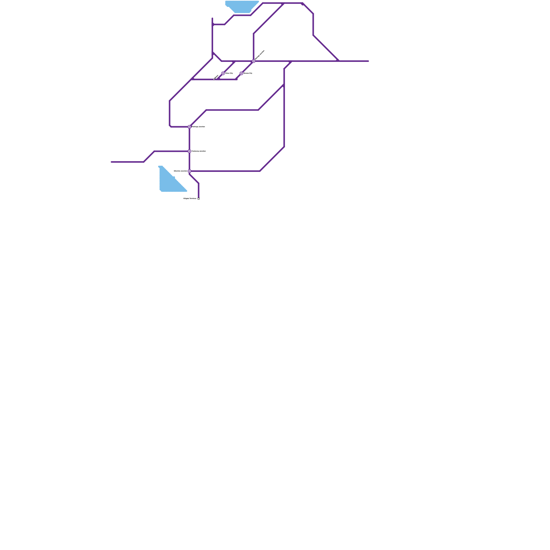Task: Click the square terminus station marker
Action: coord(199,199)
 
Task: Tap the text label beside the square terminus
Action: coord(190,198)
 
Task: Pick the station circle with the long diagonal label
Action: coord(254,61)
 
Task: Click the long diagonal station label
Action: coord(260,55)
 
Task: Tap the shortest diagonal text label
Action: coord(216,76)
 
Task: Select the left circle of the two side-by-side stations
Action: coord(223,73)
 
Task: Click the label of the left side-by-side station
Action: coord(229,73)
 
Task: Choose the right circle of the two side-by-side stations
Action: coord(241,73)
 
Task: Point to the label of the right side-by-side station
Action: coord(248,73)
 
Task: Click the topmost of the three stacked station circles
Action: coord(189,127)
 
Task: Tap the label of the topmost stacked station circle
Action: coord(198,126)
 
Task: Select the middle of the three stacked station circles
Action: coord(189,151)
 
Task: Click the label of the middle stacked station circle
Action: coord(199,151)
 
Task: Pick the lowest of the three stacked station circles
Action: coord(189,171)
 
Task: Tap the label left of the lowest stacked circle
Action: coord(180,171)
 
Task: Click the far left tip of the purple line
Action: coord(112,162)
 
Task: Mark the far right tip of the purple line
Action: coord(368,61)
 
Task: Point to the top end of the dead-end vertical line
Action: coord(212,18)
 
